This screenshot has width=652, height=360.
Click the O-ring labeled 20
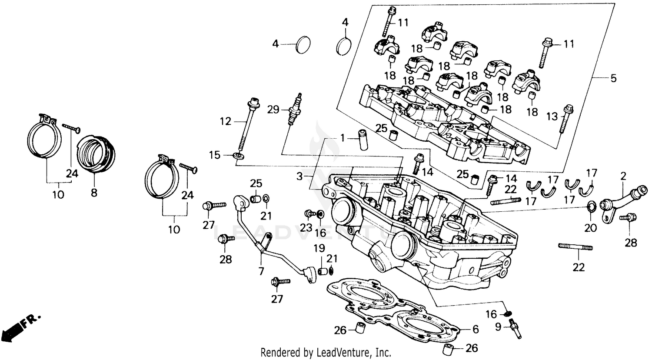click(592, 206)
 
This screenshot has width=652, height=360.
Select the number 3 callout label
click(299, 177)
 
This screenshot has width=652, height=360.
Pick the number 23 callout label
click(306, 227)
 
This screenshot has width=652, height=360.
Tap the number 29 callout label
click(273, 110)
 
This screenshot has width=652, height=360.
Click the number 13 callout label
click(552, 117)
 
